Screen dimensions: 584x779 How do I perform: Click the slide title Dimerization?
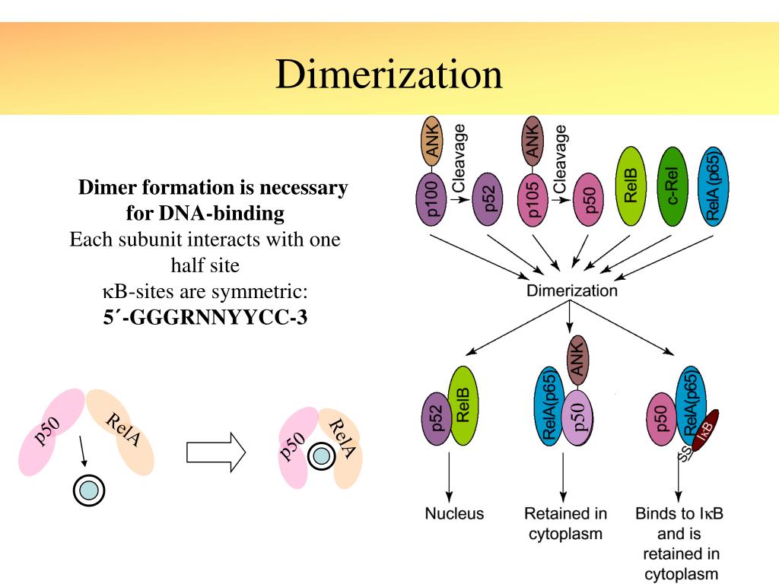[x=389, y=75]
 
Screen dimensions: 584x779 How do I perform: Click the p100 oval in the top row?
[x=433, y=200]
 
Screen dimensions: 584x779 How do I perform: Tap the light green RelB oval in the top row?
[x=631, y=187]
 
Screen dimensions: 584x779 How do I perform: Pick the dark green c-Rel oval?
[x=673, y=187]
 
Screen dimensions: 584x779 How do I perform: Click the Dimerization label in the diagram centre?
[x=572, y=290]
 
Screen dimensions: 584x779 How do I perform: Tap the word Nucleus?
[x=454, y=514]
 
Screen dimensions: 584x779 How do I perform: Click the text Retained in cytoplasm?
[x=565, y=523]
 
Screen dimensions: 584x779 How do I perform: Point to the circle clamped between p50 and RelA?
[x=321, y=456]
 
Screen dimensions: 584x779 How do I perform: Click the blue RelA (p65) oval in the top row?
[x=716, y=186]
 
